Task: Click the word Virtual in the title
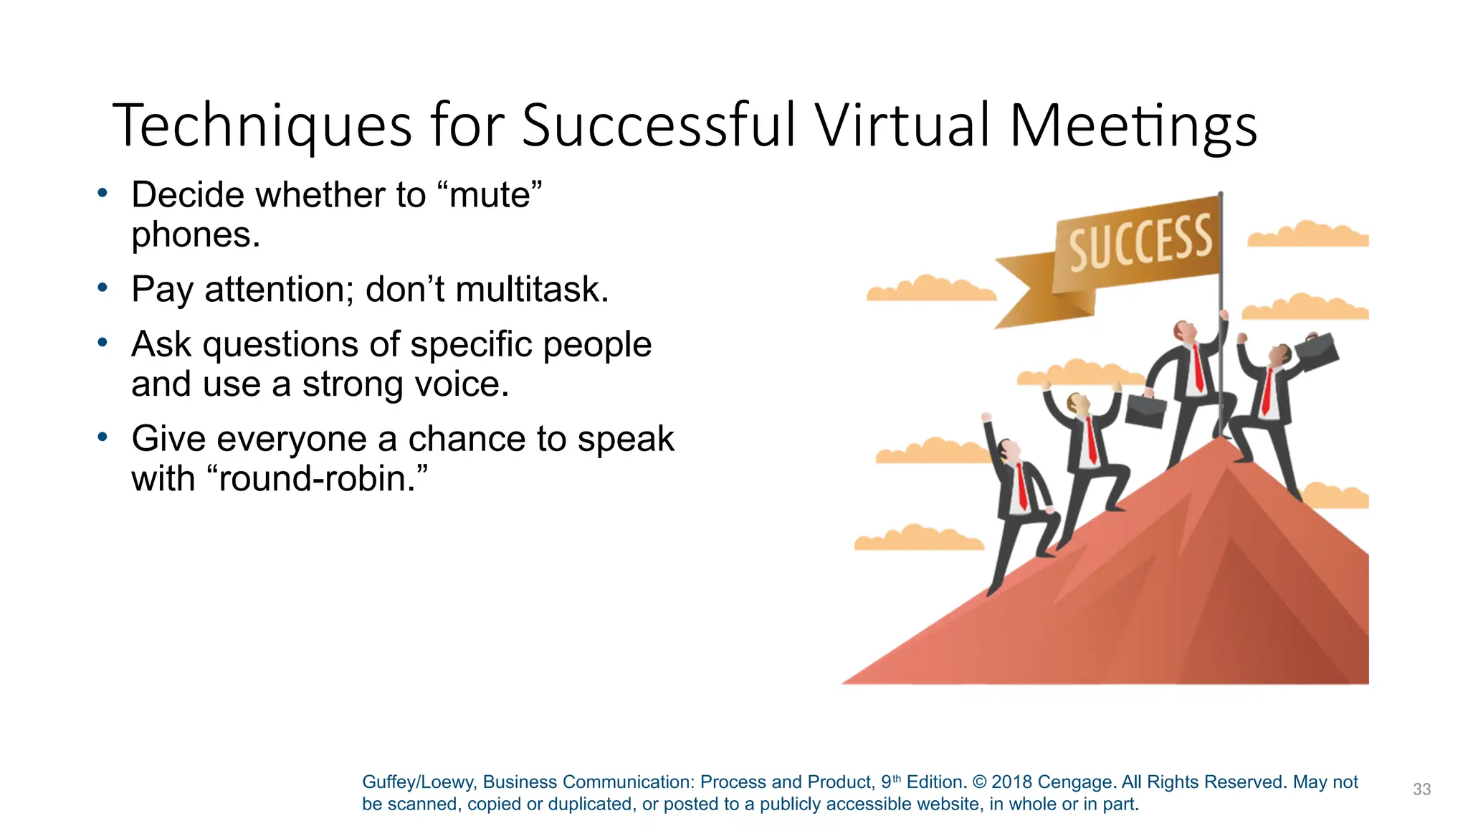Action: [x=903, y=125]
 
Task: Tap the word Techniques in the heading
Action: [x=262, y=125]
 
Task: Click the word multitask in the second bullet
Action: [x=530, y=290]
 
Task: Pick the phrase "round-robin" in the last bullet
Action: [x=316, y=478]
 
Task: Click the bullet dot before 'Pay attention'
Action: [x=103, y=288]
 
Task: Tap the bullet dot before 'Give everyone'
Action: [x=103, y=437]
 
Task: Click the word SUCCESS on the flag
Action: [x=1140, y=243]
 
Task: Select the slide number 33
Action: [x=1421, y=789]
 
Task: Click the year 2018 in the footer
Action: [x=1011, y=782]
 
